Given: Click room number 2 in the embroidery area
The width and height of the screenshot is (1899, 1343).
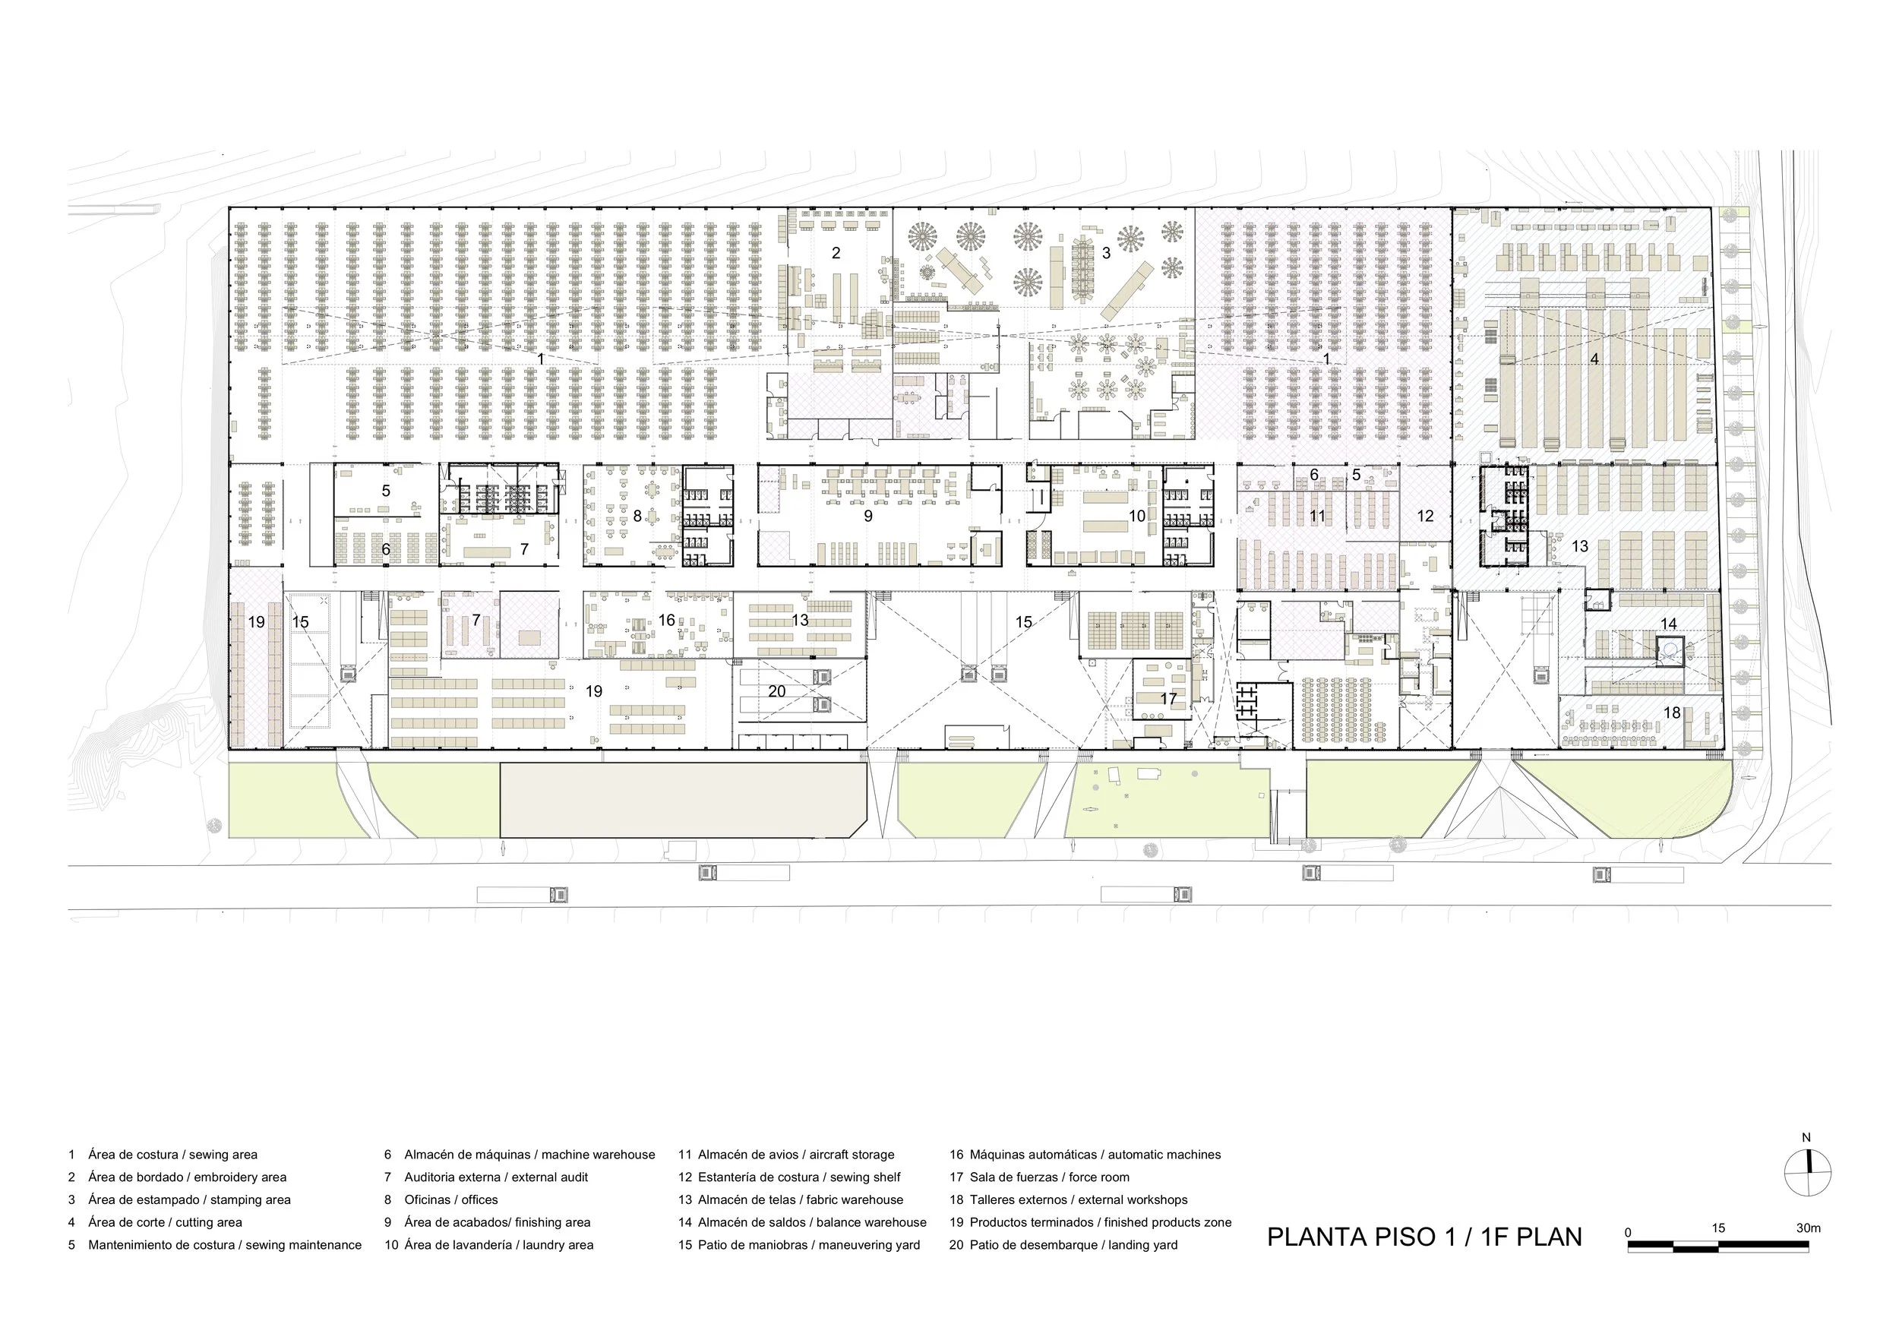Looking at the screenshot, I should pyautogui.click(x=836, y=253).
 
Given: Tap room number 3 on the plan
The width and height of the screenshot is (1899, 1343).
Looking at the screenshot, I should pyautogui.click(x=1107, y=253).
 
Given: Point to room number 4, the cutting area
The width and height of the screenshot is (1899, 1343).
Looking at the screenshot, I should pyautogui.click(x=1594, y=359).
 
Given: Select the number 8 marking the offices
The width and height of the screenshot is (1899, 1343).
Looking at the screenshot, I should pyautogui.click(x=637, y=516).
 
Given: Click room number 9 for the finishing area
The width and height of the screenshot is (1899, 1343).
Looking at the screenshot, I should pyautogui.click(x=867, y=516).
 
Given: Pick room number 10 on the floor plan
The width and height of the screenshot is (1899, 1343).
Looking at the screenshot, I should pyautogui.click(x=1137, y=516).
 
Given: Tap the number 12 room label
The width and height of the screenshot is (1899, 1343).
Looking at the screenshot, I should pyautogui.click(x=1425, y=516).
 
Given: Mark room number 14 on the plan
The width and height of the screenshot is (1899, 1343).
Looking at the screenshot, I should pyautogui.click(x=1669, y=624).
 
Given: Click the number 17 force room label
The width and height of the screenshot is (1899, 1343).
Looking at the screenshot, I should pyautogui.click(x=1168, y=699).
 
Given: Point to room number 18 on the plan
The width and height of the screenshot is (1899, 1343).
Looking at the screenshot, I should pyautogui.click(x=1673, y=712).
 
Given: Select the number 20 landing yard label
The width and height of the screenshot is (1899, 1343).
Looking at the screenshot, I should pyautogui.click(x=776, y=691).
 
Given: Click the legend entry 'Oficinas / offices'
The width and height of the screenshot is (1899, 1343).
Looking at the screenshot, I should pyautogui.click(x=450, y=1200).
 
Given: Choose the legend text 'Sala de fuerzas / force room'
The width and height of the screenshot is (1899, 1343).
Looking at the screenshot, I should pyautogui.click(x=1050, y=1177).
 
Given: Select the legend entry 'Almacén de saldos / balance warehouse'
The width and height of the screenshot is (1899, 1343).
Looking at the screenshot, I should pyautogui.click(x=812, y=1222).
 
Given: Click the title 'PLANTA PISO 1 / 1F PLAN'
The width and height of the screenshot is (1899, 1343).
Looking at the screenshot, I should pyautogui.click(x=1424, y=1237).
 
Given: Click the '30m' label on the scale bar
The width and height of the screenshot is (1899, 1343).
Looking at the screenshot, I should pyautogui.click(x=1808, y=1228).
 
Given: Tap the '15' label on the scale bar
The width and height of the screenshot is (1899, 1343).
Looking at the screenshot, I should pyautogui.click(x=1719, y=1228).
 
